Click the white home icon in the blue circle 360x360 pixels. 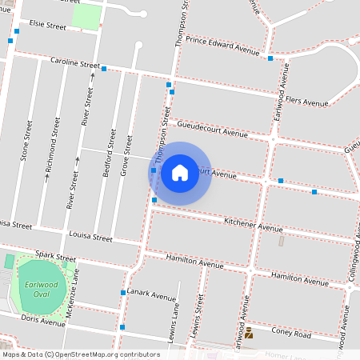pos(180,173)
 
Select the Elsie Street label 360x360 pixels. pos(47,26)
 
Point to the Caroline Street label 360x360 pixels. pos(74,62)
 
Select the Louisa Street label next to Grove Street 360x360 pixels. pos(90,238)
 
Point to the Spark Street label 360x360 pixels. pos(55,256)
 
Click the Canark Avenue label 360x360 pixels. pos(151,296)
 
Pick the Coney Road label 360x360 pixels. pos(290,334)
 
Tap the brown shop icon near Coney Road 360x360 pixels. pos(248,333)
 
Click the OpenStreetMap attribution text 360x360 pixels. pos(81,354)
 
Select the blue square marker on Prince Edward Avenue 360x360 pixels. pos(270,58)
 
